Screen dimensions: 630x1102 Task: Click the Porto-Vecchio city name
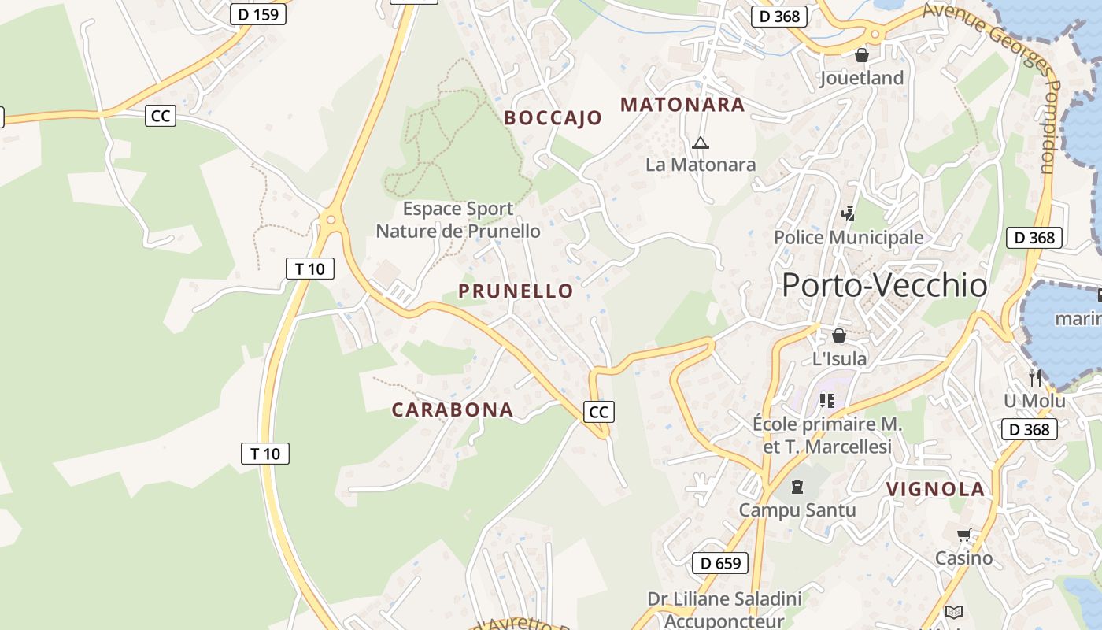884,285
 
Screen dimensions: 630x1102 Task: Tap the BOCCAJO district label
553,118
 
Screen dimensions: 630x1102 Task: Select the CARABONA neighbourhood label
452,409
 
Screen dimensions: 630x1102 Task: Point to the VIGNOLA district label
935,489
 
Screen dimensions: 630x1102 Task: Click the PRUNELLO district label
516,291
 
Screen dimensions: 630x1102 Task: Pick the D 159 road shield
258,14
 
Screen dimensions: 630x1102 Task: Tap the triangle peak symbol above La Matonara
700,143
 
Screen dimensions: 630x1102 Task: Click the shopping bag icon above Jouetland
862,55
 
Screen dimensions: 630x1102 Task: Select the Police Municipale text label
849,237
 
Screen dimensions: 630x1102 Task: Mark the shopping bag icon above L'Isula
839,336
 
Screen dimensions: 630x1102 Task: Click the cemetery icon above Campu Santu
797,487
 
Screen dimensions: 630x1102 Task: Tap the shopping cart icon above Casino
964,535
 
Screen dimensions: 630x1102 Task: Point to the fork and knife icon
1035,378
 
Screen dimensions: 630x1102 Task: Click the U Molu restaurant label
1034,401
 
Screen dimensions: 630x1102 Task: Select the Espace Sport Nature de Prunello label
458,220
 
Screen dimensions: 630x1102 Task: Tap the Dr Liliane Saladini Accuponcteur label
724,610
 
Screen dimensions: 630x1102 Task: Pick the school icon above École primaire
826,401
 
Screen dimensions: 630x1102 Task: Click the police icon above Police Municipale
848,213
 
